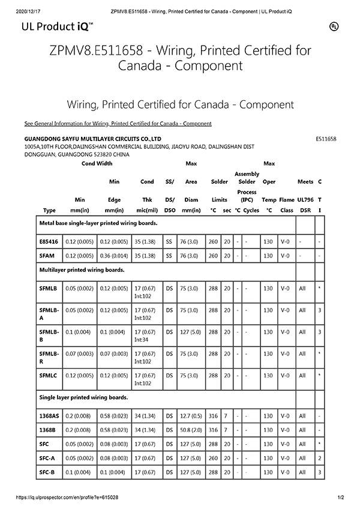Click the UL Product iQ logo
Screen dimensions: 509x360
pyautogui.click(x=57, y=26)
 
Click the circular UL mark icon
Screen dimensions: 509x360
pyautogui.click(x=334, y=26)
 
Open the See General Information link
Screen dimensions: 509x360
pyautogui.click(x=118, y=124)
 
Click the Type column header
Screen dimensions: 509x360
pyautogui.click(x=50, y=210)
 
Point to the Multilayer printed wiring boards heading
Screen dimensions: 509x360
pyautogui.click(x=82, y=270)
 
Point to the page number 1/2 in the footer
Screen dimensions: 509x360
pyautogui.click(x=341, y=498)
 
